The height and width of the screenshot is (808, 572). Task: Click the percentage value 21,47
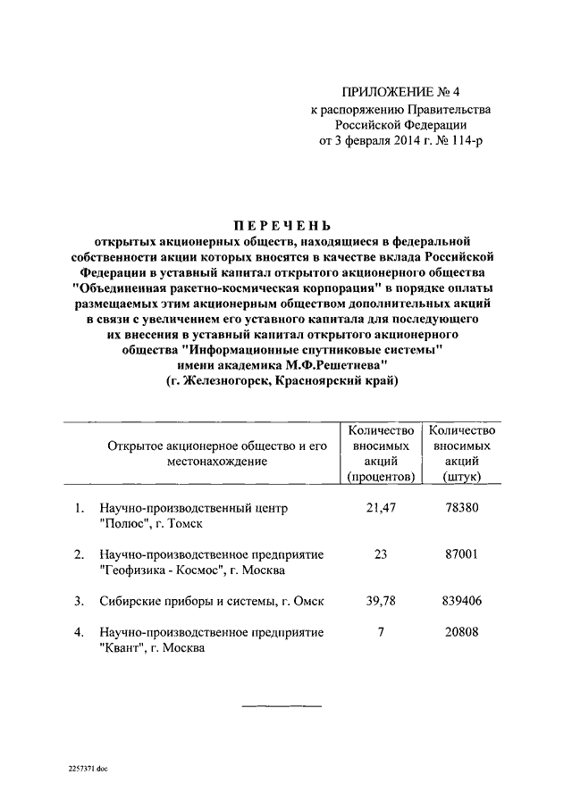click(x=381, y=508)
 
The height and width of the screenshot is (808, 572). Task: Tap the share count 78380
click(x=462, y=508)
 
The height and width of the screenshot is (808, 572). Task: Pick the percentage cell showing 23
click(x=381, y=554)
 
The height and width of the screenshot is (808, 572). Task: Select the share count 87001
click(x=462, y=554)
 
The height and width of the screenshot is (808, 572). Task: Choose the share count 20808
click(x=462, y=632)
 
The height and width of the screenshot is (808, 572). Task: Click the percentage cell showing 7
click(x=381, y=632)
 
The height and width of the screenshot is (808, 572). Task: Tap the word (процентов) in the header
click(x=381, y=478)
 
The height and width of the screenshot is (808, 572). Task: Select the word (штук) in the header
click(x=462, y=478)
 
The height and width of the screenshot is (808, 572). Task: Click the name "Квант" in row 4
click(x=126, y=649)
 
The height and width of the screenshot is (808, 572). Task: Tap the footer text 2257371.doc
click(x=87, y=769)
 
